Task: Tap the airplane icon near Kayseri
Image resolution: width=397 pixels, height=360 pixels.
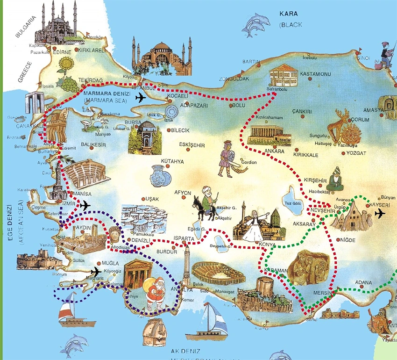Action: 380,214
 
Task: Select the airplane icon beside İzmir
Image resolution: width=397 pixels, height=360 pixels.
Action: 85,205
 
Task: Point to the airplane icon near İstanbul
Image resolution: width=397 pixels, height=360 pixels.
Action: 140,97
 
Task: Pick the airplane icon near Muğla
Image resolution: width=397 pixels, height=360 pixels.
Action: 96,271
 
